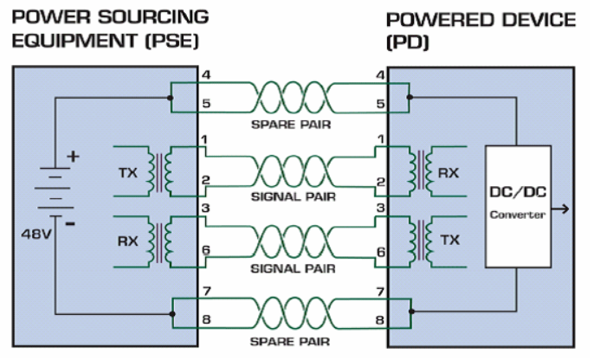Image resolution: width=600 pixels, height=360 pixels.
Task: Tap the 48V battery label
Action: pos(38,235)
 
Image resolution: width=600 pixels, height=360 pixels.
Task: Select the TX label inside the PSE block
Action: pos(127,173)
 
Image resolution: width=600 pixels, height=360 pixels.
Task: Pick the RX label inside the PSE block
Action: pos(127,240)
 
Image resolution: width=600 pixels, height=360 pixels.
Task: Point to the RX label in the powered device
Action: pos(448,173)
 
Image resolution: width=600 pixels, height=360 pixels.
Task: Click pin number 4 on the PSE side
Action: pos(204,75)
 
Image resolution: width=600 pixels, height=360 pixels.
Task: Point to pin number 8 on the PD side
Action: pos(380,319)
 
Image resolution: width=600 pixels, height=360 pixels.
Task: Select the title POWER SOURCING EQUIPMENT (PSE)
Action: pos(104,28)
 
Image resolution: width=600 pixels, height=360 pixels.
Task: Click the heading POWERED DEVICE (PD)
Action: pos(480,28)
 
